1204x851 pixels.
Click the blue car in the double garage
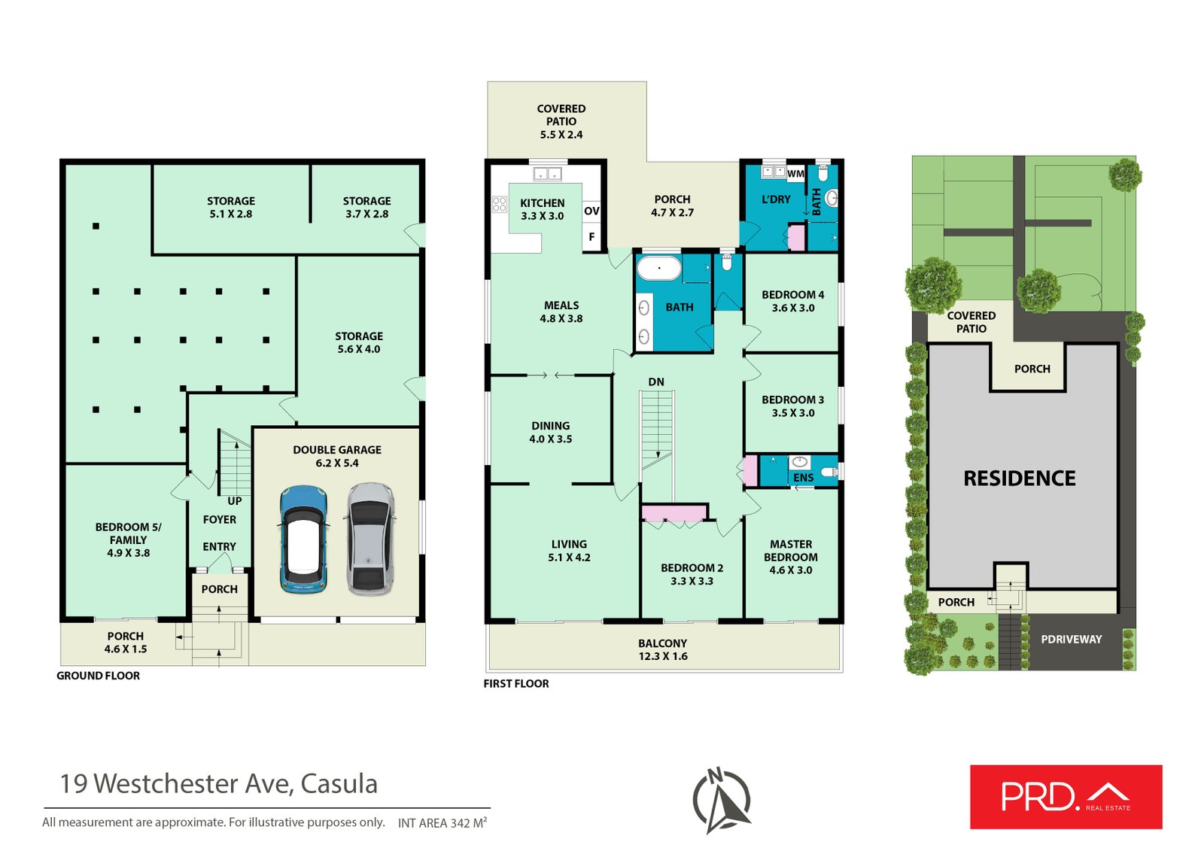click(304, 539)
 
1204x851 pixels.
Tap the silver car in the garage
click(370, 539)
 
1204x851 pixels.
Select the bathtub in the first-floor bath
click(659, 268)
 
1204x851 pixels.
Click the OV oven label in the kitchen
click(591, 211)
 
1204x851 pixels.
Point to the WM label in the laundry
click(795, 174)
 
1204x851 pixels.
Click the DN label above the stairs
click(655, 382)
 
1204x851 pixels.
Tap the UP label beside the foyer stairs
click(234, 501)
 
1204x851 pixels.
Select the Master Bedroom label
click(791, 557)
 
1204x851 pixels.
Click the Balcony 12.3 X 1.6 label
click(663, 649)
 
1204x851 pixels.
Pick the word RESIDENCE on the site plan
click(1019, 479)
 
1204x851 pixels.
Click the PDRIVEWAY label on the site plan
click(1072, 640)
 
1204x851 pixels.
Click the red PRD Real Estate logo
click(1066, 797)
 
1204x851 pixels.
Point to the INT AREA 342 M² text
click(442, 822)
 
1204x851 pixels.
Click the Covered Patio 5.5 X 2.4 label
click(561, 121)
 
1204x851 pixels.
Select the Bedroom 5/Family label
click(129, 539)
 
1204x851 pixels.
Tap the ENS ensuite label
click(804, 478)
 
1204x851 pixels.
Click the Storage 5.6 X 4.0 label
click(359, 342)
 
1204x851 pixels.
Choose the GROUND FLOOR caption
click(99, 676)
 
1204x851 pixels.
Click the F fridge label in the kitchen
click(591, 236)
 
